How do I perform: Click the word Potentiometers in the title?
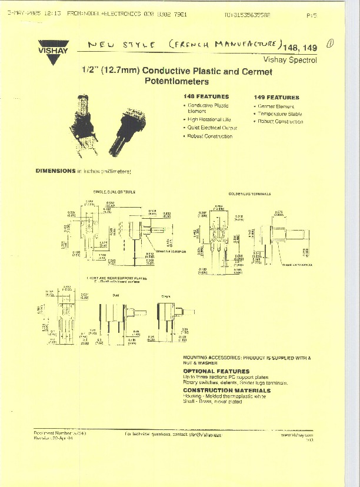(x=176, y=81)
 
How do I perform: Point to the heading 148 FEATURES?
(x=206, y=96)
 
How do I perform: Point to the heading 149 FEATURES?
(x=276, y=97)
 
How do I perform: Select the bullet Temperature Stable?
(x=280, y=114)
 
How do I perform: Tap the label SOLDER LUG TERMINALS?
(x=249, y=194)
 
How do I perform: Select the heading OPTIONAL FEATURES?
(x=216, y=371)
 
